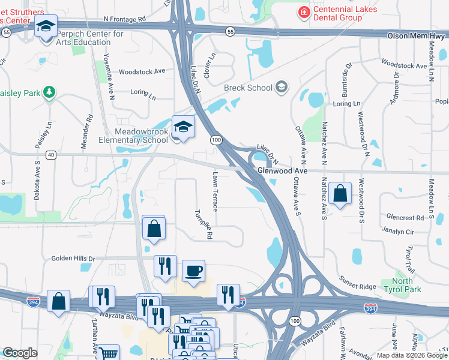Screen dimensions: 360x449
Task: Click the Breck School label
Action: [248, 88]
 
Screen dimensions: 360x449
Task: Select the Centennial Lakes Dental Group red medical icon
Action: [304, 12]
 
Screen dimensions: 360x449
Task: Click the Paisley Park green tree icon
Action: [49, 92]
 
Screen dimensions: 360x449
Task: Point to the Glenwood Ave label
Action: [282, 171]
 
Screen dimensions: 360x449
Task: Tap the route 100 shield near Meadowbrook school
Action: [215, 140]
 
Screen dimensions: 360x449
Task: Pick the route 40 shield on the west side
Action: [51, 155]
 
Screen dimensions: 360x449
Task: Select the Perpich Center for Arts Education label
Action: [91, 38]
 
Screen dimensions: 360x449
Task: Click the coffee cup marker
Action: [193, 271]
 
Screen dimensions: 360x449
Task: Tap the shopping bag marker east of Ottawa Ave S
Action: [340, 193]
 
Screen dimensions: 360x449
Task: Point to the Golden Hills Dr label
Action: [73, 259]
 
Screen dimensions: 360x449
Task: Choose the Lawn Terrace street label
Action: [215, 191]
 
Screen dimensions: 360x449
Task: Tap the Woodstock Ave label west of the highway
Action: [142, 71]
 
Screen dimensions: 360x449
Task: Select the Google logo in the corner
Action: [20, 353]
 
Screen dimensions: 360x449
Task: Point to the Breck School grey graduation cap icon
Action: [281, 88]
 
